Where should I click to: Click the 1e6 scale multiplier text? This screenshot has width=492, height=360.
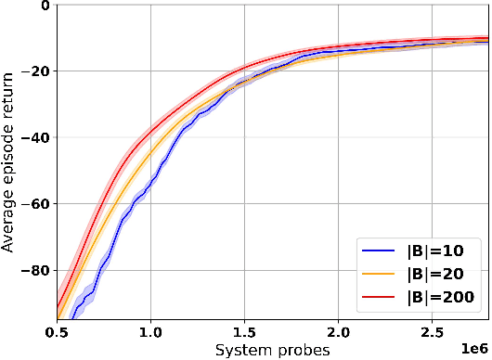pos(473,347)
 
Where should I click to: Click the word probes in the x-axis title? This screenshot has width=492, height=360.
pos(300,350)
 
